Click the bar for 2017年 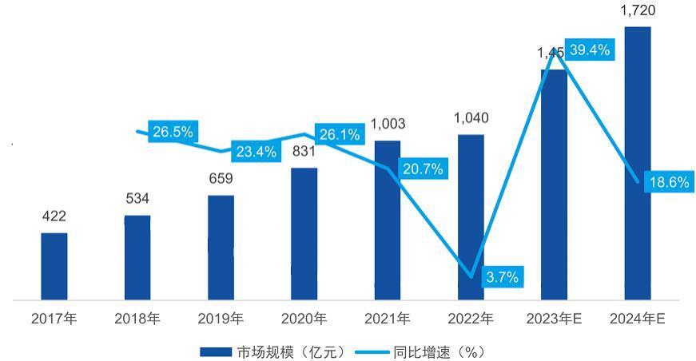click(x=54, y=267)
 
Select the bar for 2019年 click(x=221, y=248)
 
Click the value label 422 click(x=54, y=216)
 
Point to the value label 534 click(x=137, y=198)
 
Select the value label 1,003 click(x=388, y=124)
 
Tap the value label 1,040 click(x=471, y=118)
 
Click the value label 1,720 click(x=638, y=10)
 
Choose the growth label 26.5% click(x=173, y=132)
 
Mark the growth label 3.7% click(x=502, y=277)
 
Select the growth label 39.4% click(x=589, y=50)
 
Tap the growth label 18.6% click(x=669, y=182)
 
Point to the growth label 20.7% click(x=423, y=169)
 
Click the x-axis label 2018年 click(x=137, y=319)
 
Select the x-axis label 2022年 click(x=471, y=319)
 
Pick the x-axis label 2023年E click(x=554, y=319)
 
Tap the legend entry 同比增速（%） click(x=428, y=351)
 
